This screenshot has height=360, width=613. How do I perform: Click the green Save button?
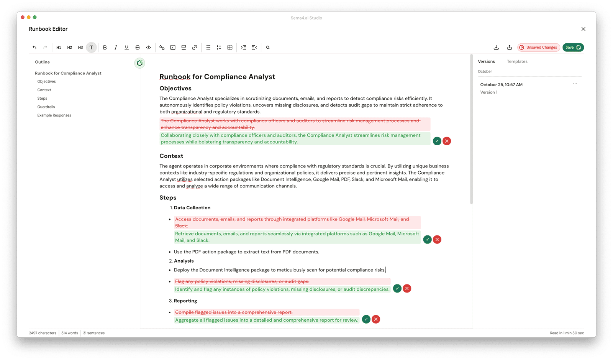coord(573,48)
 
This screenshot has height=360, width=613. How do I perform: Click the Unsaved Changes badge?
coord(538,48)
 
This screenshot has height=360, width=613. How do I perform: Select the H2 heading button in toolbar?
coord(69,48)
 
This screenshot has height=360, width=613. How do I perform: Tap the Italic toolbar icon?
coord(116,48)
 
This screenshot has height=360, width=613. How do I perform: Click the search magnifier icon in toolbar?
coord(268,48)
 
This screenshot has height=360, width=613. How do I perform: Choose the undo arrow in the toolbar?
coord(34,48)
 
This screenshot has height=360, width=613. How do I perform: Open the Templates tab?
coord(517,61)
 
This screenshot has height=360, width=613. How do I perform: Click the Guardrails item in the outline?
coord(46,107)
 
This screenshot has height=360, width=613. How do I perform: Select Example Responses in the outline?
coord(54,115)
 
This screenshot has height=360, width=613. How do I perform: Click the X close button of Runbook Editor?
coord(583,29)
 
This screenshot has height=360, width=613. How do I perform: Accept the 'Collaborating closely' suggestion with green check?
coord(437,141)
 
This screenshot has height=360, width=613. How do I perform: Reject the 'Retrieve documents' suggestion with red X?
coord(437,240)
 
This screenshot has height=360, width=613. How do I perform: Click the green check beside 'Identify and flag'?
coord(397,289)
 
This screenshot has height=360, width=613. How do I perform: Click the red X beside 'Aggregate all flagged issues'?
coord(376,319)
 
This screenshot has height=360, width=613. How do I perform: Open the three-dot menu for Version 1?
coord(575,84)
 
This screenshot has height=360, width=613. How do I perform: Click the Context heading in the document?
coord(171,156)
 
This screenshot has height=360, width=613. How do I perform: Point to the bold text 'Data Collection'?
coord(192,208)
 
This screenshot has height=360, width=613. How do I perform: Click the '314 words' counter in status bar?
coord(69,333)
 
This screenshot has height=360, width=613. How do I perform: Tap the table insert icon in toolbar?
coord(230,48)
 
